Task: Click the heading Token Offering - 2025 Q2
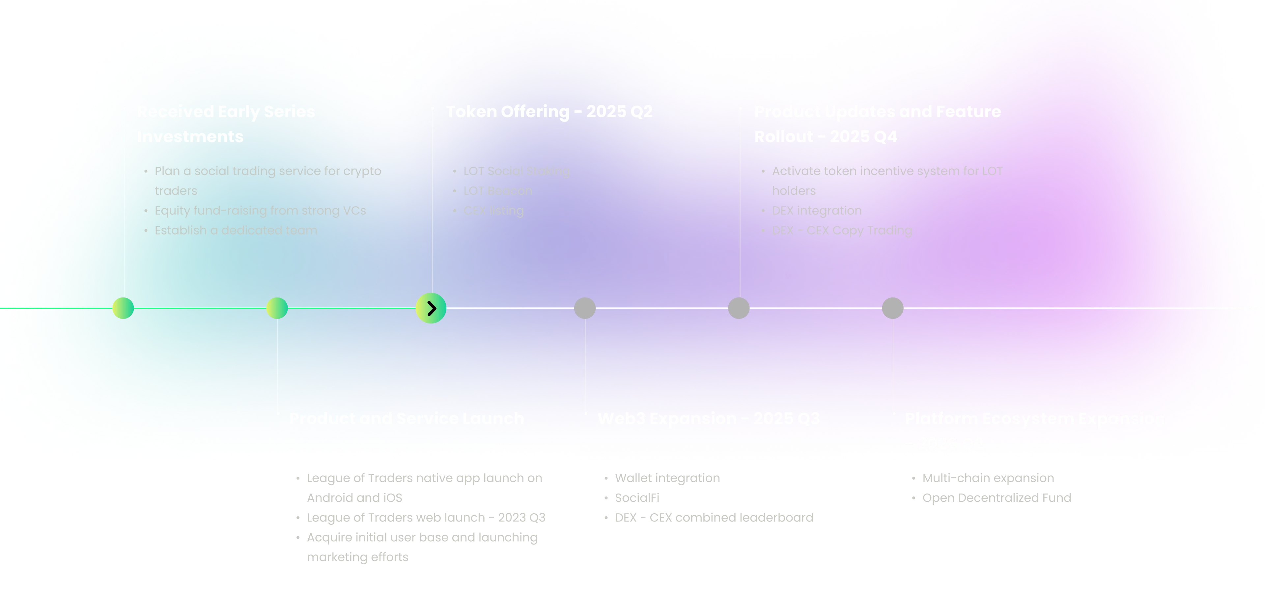click(549, 112)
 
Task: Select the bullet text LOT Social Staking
click(516, 171)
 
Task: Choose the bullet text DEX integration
click(816, 211)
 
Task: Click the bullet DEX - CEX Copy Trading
click(841, 230)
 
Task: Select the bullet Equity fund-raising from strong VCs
click(260, 211)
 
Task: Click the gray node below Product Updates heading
click(739, 308)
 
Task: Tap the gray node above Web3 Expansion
click(585, 308)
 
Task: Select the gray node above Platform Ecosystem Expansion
click(892, 308)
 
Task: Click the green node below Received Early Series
click(123, 308)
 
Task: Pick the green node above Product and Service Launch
click(277, 308)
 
